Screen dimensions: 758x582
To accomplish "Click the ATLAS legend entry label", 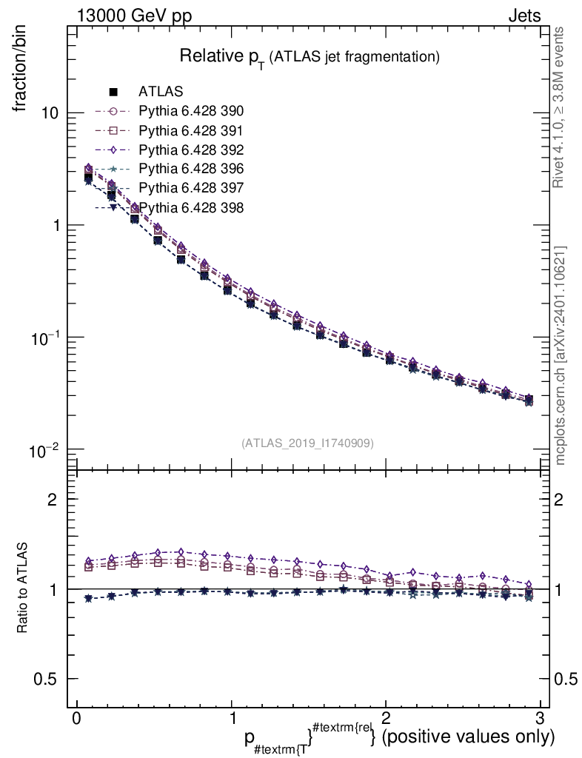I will [161, 92].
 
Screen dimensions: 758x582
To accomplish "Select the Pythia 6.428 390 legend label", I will [191, 112].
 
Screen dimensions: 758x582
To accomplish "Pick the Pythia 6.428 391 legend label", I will [191, 131].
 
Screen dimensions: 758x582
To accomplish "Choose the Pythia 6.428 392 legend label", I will [191, 150].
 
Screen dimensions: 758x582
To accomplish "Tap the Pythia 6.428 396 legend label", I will [191, 170].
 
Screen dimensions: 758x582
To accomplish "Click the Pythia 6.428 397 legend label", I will [191, 188].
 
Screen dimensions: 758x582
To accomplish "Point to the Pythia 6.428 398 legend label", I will [191, 207].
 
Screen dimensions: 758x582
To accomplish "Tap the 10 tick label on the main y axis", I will [49, 113].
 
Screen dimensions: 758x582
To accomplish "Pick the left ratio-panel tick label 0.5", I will [48, 679].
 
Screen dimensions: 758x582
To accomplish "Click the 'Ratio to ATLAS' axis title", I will [21, 588].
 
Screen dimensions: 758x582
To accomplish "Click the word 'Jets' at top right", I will [524, 16].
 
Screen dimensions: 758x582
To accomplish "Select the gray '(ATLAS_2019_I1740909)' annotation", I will [307, 443].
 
